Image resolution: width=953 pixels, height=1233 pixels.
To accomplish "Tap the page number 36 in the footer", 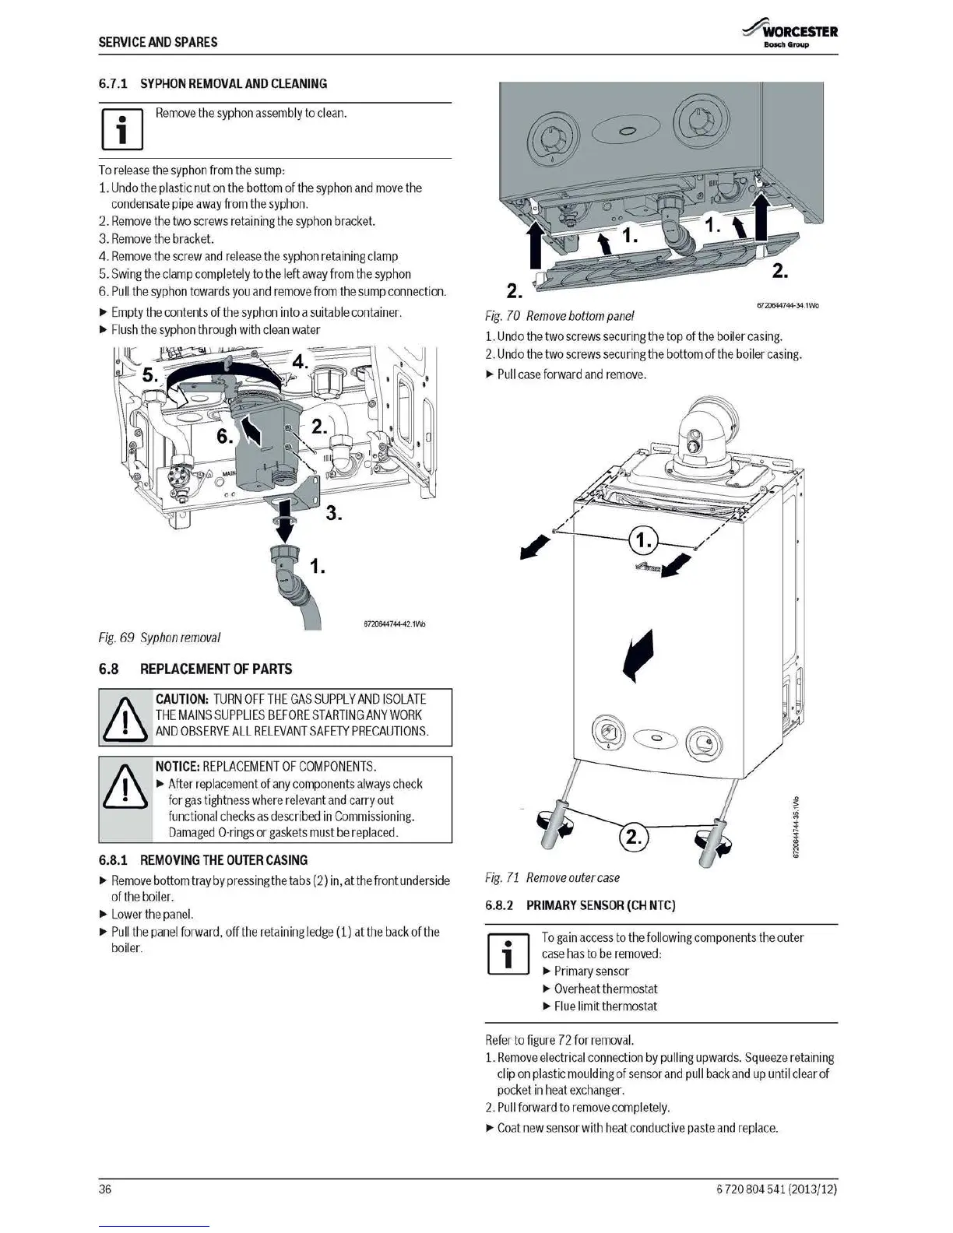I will (105, 1189).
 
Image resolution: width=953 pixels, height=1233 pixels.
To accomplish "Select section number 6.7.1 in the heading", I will (114, 84).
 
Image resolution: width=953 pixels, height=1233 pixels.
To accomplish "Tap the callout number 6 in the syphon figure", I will (224, 437).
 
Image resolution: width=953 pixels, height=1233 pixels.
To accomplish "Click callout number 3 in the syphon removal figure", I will (333, 513).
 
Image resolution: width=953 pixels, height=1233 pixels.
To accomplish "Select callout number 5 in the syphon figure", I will (150, 374).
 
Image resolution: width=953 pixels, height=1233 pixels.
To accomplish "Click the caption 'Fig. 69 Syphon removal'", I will (160, 638).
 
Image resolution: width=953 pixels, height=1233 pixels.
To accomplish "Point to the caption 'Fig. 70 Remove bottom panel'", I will (559, 316).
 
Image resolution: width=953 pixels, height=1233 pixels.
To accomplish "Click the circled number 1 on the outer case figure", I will (642, 539).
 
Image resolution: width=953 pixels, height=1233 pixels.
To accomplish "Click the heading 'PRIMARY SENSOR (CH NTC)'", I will (600, 905).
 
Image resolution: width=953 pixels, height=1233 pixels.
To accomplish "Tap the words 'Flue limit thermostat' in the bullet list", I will (605, 1006).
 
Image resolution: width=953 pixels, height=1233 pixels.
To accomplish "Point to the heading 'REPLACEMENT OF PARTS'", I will (216, 669).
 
